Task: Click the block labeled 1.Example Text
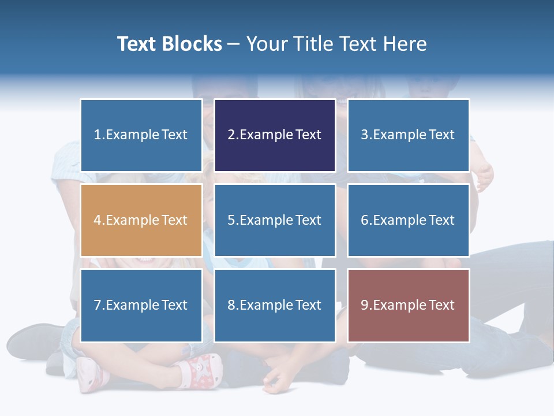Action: point(141,135)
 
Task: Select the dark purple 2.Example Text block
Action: point(274,135)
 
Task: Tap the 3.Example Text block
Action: point(408,135)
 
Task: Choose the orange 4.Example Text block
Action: point(141,220)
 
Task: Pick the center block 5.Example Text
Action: point(274,220)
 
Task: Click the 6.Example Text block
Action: point(408,220)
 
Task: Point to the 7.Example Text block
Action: point(141,305)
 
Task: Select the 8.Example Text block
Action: point(274,305)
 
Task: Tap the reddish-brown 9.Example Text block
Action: point(408,305)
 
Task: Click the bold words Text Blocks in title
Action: point(169,44)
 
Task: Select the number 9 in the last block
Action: point(365,305)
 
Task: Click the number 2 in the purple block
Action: point(231,135)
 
